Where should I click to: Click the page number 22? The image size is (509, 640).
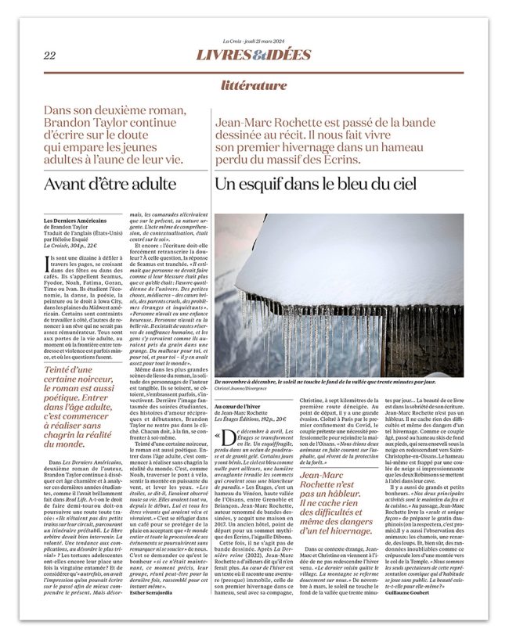49,56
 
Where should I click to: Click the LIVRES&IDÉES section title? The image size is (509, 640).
254,56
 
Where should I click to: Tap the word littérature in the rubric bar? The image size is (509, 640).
254,85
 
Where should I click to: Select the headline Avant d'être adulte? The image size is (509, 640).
110,185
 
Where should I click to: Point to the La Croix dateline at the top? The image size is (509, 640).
254,41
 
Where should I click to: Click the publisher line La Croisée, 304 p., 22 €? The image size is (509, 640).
75,245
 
